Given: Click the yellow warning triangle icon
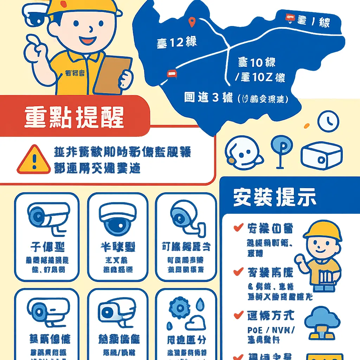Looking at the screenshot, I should click(34, 160).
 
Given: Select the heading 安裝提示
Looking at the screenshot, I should click(275, 198).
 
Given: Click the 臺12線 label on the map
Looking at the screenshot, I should click(176, 43).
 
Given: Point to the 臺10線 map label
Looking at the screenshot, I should click(256, 63).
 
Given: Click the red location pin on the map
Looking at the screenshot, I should click(192, 22).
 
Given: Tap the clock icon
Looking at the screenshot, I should click(328, 121).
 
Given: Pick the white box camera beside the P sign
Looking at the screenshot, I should click(321, 155).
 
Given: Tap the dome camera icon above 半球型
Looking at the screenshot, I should click(117, 219).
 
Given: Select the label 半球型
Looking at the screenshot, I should click(117, 247).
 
